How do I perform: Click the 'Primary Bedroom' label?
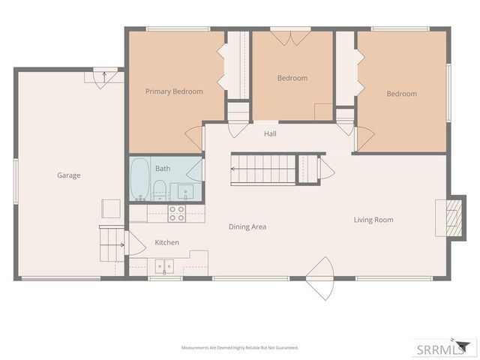[x=173, y=91]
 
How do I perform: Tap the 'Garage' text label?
[x=68, y=175]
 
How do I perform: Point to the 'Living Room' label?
[x=373, y=220]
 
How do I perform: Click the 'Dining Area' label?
[x=247, y=226]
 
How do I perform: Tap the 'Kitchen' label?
[x=166, y=242]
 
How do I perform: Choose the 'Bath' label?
[x=163, y=169]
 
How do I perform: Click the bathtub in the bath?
[x=139, y=179]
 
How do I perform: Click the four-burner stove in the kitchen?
[x=177, y=214]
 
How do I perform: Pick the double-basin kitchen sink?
[x=163, y=265]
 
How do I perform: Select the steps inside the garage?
[x=112, y=241]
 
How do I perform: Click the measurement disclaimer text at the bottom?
[x=239, y=348]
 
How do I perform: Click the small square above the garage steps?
[x=111, y=208]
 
